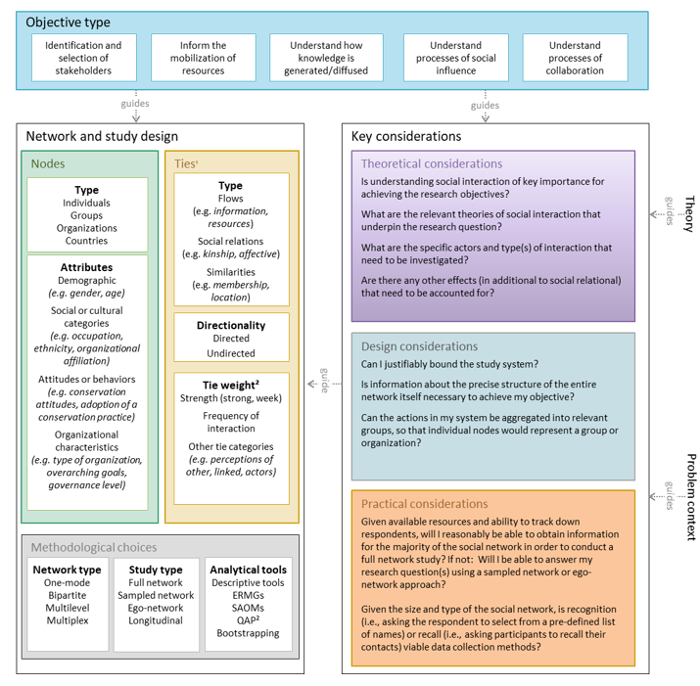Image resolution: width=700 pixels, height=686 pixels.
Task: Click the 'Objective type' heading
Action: point(68,23)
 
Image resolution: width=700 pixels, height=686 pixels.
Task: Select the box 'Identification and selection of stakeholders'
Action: point(84,58)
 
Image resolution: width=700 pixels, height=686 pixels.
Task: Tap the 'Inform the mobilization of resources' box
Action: point(203,58)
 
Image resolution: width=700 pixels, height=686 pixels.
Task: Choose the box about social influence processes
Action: point(455,58)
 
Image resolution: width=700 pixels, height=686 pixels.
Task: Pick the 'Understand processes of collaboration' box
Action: point(575,58)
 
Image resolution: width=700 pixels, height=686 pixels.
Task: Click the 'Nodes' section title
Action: point(48,164)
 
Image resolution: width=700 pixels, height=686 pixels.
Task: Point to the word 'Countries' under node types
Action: point(86,241)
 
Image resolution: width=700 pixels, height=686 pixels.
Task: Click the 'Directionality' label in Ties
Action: point(231,325)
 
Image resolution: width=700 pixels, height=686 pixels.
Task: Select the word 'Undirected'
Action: point(231,353)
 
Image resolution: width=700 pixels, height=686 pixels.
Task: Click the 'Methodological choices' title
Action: point(93,548)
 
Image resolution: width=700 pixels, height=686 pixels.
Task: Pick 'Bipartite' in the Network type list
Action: point(67,595)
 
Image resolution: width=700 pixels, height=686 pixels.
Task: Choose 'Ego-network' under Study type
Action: point(156,608)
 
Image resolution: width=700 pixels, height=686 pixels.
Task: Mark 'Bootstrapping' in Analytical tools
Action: point(249,633)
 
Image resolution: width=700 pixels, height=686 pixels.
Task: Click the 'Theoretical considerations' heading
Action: point(432,164)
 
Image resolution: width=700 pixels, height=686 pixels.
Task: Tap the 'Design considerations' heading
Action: point(419,346)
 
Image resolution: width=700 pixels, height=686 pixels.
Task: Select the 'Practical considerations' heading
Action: point(425,503)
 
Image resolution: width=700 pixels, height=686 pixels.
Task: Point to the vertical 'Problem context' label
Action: point(689,497)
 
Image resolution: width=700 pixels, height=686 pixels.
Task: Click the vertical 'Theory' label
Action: point(689,213)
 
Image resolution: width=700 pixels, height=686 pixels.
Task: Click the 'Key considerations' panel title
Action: point(406,137)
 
